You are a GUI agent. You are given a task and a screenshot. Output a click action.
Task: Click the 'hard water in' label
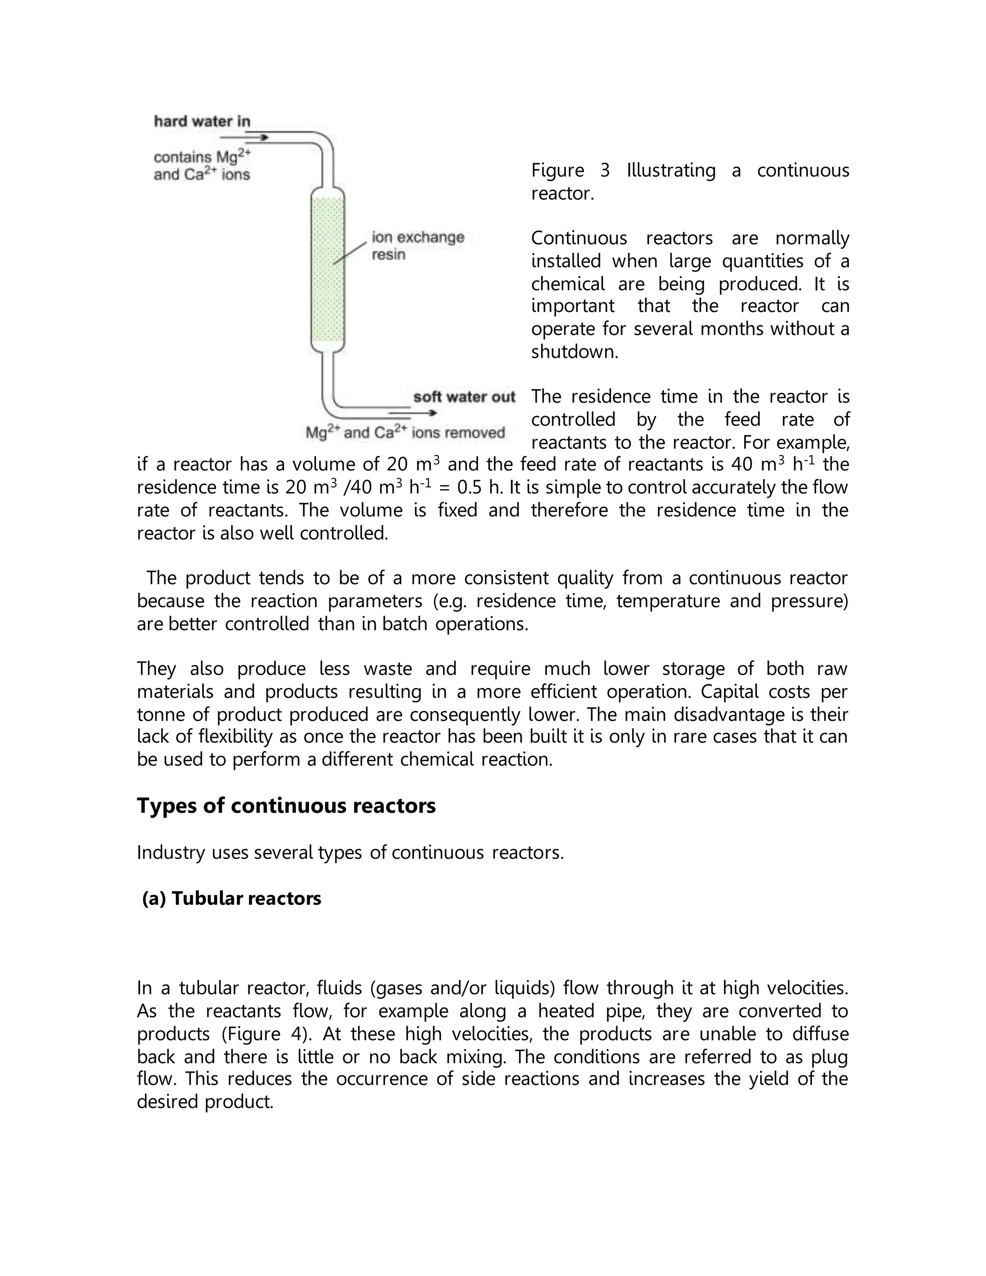click(x=202, y=121)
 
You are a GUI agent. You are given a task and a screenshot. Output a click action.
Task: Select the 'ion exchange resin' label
click(x=417, y=246)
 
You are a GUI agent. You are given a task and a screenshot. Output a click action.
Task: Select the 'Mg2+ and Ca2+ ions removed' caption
click(x=405, y=433)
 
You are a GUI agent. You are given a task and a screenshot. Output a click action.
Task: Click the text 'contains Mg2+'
click(x=202, y=157)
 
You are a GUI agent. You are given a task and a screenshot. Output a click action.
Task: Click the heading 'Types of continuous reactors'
click(x=286, y=806)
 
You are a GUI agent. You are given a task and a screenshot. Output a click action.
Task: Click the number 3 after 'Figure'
click(x=605, y=170)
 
